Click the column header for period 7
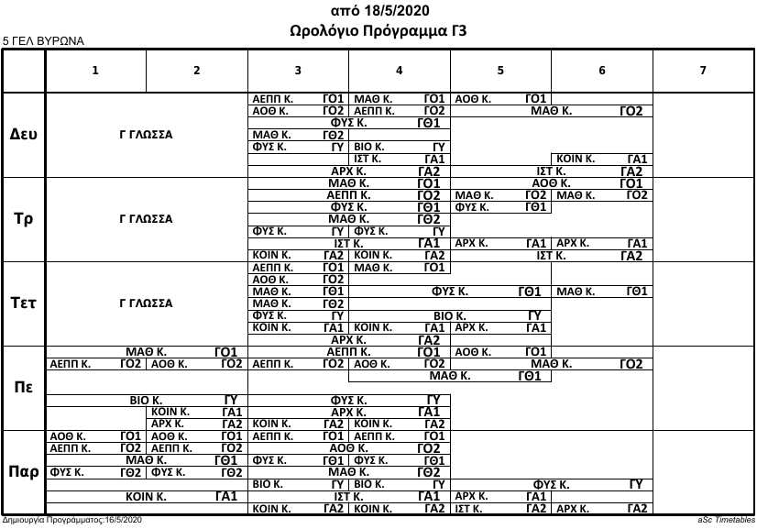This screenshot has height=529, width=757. pyautogui.click(x=702, y=70)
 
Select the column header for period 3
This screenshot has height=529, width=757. pyautogui.click(x=299, y=70)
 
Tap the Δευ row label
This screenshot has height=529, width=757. pyautogui.click(x=24, y=134)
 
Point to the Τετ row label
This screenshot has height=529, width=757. pyautogui.click(x=24, y=303)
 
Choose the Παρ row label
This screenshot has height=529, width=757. pyautogui.click(x=24, y=472)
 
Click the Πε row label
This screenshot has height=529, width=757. pyautogui.click(x=24, y=387)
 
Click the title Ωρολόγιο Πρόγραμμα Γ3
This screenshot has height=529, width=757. pyautogui.click(x=378, y=30)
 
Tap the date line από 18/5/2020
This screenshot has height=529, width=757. pyautogui.click(x=378, y=10)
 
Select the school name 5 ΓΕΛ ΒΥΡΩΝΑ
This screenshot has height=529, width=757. pyautogui.click(x=43, y=41)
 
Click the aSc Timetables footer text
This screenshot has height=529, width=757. pyautogui.click(x=725, y=520)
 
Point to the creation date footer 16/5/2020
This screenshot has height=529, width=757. pyautogui.click(x=73, y=520)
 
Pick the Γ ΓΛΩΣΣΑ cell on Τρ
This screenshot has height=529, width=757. pyautogui.click(x=147, y=219)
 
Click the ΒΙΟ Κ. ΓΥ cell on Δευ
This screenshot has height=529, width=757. pyautogui.click(x=400, y=146)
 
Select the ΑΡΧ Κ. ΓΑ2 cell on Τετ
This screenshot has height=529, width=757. pyautogui.click(x=349, y=339)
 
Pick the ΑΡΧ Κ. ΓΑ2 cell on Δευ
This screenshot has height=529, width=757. pyautogui.click(x=349, y=171)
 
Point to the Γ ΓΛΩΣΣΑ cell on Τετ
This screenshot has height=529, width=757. pyautogui.click(x=147, y=303)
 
